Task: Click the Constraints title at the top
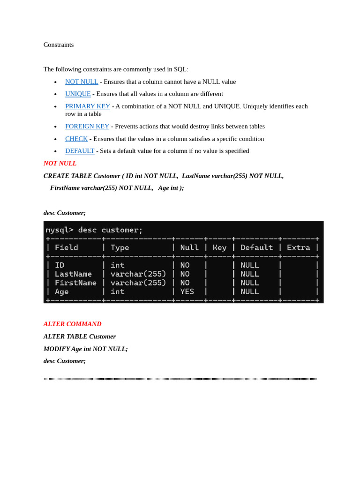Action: pyautogui.click(x=59, y=45)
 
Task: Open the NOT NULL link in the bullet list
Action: pyautogui.click(x=82, y=82)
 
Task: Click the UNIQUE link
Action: pyautogui.click(x=78, y=94)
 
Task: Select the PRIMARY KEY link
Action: pyautogui.click(x=88, y=106)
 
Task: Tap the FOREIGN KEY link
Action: pyautogui.click(x=87, y=127)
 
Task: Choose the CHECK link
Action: pyautogui.click(x=76, y=139)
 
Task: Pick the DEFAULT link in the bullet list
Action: pyautogui.click(x=80, y=151)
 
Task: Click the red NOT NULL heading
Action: pyautogui.click(x=60, y=164)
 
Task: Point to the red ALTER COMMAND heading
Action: pyautogui.click(x=72, y=324)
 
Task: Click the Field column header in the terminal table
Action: pyautogui.click(x=67, y=247)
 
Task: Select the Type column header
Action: pyautogui.click(x=120, y=247)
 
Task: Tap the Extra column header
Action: pyautogui.click(x=298, y=247)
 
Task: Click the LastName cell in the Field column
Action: pyautogui.click(x=74, y=274)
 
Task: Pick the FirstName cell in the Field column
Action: pyautogui.click(x=75, y=283)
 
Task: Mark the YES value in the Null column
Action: pyautogui.click(x=187, y=292)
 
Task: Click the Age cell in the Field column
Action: pyautogui.click(x=62, y=292)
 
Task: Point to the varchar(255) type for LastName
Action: pyautogui.click(x=138, y=274)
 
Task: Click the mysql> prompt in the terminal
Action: pyautogui.click(x=60, y=230)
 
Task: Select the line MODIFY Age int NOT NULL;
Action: pyautogui.click(x=86, y=349)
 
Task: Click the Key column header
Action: pyautogui.click(x=219, y=247)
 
